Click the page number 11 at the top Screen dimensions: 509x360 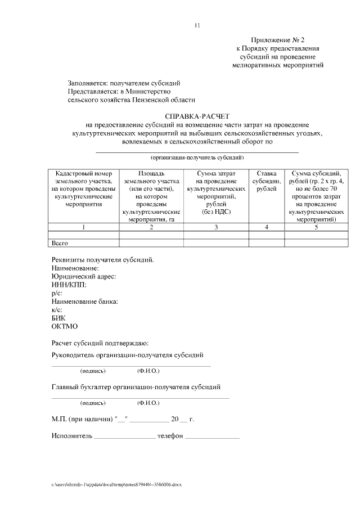[197, 25]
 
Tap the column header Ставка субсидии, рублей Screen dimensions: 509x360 [266, 181]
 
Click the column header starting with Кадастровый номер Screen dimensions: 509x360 [84, 189]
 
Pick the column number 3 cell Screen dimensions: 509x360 [216, 227]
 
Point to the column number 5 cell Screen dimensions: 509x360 [316, 227]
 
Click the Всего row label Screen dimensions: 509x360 [60, 243]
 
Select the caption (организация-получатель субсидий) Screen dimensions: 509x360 [197, 158]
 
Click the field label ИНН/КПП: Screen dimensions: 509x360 [69, 285]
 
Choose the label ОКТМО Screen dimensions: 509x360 [64, 326]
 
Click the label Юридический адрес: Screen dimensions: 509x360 [83, 277]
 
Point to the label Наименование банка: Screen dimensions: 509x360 [84, 302]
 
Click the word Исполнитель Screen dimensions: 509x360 [71, 436]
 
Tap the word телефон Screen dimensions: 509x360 [170, 436]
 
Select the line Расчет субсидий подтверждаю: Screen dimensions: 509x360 [100, 343]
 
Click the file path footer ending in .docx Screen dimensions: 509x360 [117, 484]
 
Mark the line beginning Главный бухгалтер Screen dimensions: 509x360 [136, 387]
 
